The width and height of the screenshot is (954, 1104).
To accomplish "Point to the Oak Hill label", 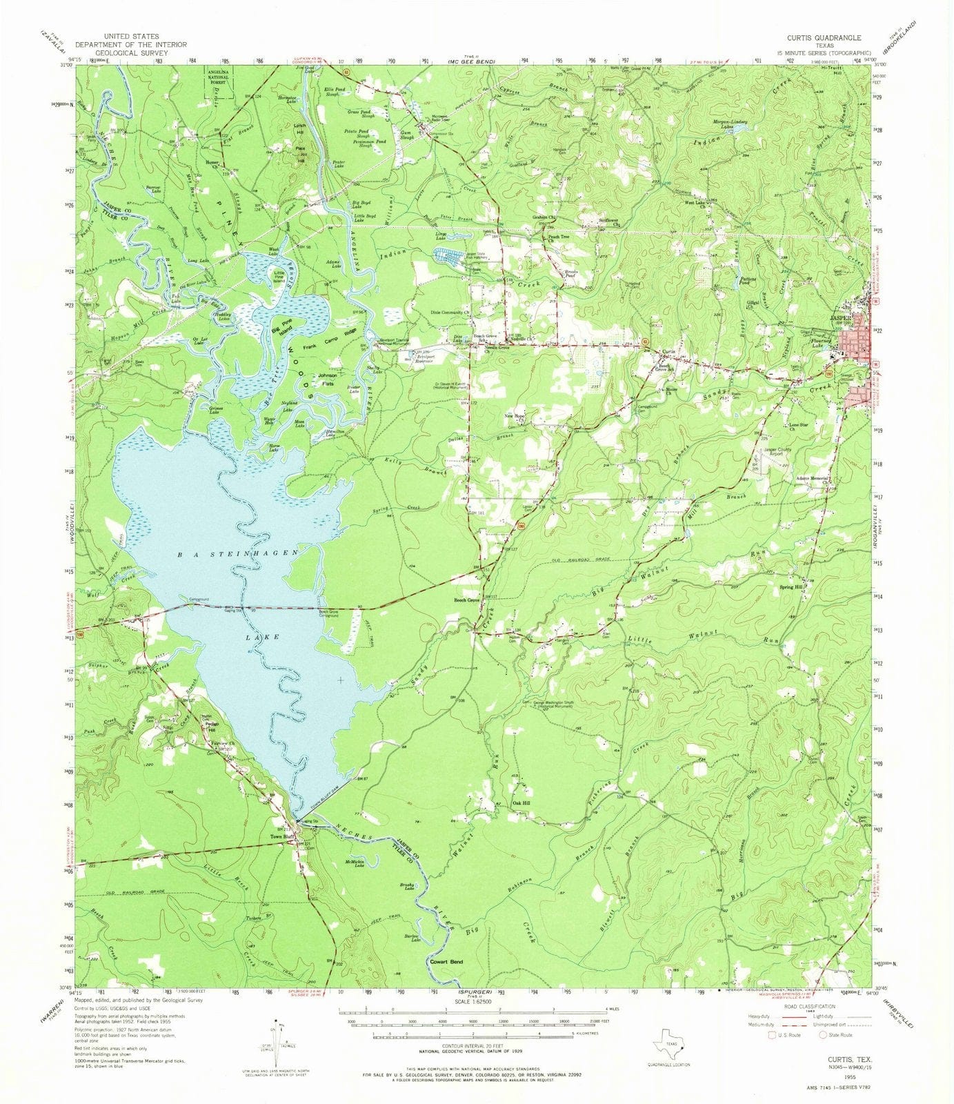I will click(521, 803).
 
